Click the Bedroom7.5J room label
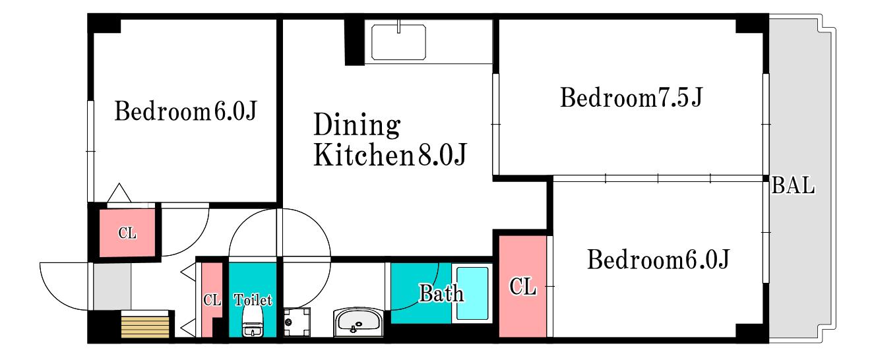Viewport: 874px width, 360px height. point(631,98)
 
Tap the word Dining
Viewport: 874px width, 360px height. point(357,125)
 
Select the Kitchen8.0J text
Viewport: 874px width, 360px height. point(390,155)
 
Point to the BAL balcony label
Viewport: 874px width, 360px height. point(794,185)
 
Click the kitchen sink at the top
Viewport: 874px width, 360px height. point(398,42)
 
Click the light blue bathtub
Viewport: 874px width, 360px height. point(472,293)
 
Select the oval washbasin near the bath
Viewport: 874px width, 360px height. point(359,322)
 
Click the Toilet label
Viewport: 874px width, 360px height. point(253,300)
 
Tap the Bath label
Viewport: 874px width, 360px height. point(441,293)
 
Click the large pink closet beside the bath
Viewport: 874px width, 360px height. point(522,286)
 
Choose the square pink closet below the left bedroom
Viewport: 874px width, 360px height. point(127,233)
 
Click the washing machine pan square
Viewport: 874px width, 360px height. point(297,322)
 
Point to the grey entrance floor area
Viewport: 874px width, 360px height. point(112,286)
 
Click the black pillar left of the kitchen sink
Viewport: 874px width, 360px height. point(354,42)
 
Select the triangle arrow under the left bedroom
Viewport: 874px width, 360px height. point(119,193)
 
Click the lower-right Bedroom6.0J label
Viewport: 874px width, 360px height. point(658,259)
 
